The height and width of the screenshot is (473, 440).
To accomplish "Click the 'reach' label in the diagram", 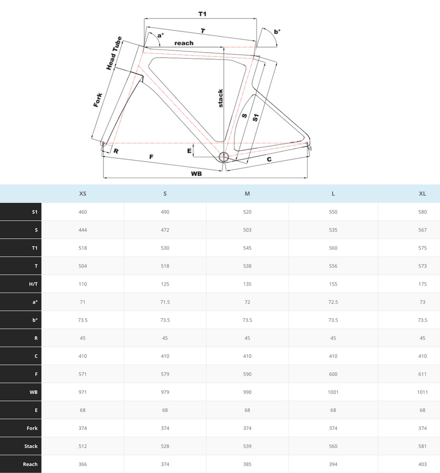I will [x=184, y=43].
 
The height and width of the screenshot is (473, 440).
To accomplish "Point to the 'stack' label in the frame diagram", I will [x=220, y=98].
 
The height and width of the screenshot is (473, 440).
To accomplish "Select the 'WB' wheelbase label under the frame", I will [x=196, y=173].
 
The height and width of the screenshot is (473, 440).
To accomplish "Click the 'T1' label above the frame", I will [x=202, y=14].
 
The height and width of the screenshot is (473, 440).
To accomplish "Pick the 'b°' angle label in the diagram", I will [x=277, y=32].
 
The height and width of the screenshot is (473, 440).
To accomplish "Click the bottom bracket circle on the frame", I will [x=223, y=157].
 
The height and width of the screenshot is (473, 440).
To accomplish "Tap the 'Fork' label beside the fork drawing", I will [x=98, y=100].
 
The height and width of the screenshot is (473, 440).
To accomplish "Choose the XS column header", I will [x=83, y=194].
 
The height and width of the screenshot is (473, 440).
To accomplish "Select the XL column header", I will [x=422, y=194].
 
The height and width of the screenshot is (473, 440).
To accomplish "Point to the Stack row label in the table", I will [x=31, y=447].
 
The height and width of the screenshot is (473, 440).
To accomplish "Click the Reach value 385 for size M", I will [x=247, y=465].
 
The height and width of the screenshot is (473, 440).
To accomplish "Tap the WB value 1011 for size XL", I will [x=422, y=392].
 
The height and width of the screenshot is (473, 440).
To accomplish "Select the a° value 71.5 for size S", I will [x=165, y=302].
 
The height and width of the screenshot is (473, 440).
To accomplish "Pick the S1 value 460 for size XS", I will [x=83, y=212].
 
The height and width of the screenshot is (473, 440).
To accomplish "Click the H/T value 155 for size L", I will [x=333, y=284].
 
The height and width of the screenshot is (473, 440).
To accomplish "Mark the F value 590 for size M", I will [x=247, y=374].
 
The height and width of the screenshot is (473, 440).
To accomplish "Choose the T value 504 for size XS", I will [x=83, y=266].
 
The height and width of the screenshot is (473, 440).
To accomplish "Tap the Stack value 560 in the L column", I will [x=333, y=447].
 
